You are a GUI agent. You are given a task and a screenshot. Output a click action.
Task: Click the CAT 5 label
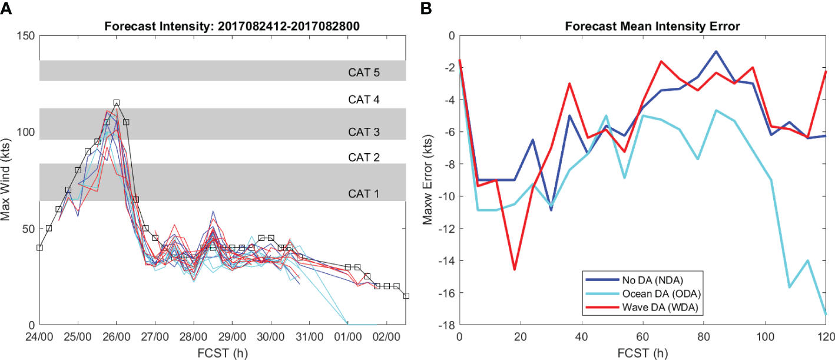pyautogui.click(x=363, y=74)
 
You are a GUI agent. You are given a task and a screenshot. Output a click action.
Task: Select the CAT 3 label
pyautogui.click(x=363, y=131)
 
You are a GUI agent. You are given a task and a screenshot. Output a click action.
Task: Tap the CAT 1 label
pyautogui.click(x=363, y=194)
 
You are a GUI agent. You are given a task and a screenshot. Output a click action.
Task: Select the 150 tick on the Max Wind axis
pyautogui.click(x=25, y=36)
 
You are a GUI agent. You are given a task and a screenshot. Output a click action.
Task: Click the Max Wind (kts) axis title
pyautogui.click(x=8, y=180)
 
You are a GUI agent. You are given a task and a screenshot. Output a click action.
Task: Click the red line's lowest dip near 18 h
pyautogui.click(x=515, y=269)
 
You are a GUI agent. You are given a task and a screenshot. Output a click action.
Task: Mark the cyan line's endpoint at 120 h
pyautogui.click(x=826, y=315)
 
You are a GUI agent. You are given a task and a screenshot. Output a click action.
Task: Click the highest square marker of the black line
pyautogui.click(x=117, y=103)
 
